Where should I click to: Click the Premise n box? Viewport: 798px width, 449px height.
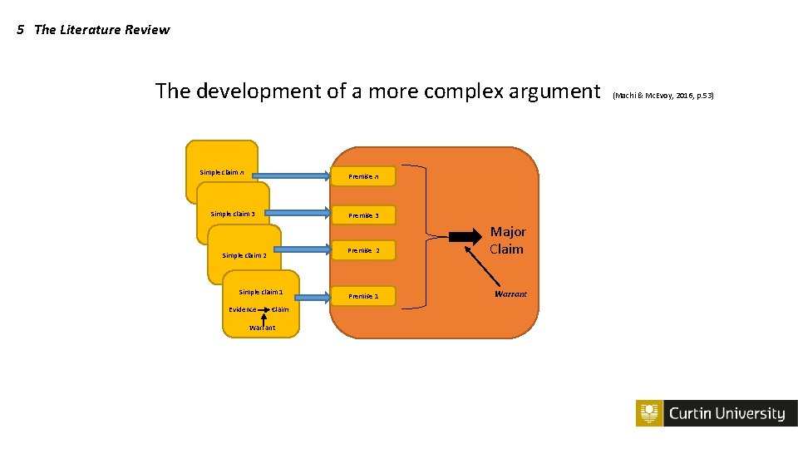point(363,176)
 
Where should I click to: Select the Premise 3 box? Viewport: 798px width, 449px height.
point(363,215)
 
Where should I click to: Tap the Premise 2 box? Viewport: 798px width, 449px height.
point(363,250)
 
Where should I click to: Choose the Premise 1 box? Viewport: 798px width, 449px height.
point(363,296)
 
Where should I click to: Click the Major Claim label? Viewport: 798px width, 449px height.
point(507,240)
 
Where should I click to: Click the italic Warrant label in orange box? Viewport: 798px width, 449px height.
point(510,294)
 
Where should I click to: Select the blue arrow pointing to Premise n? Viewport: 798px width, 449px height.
point(291,175)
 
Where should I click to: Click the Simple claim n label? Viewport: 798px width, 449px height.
point(221,173)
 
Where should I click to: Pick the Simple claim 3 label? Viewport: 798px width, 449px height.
point(233,214)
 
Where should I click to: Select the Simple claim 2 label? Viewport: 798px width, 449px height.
point(244,255)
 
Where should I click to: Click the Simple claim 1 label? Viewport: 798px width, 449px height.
point(261,292)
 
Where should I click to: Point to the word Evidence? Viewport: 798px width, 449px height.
point(243,309)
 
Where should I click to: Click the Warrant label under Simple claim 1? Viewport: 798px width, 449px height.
point(262,328)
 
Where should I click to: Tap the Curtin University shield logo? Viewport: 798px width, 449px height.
point(649,413)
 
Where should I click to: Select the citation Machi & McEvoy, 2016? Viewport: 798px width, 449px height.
point(663,96)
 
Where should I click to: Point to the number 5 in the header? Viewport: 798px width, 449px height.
point(21,30)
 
